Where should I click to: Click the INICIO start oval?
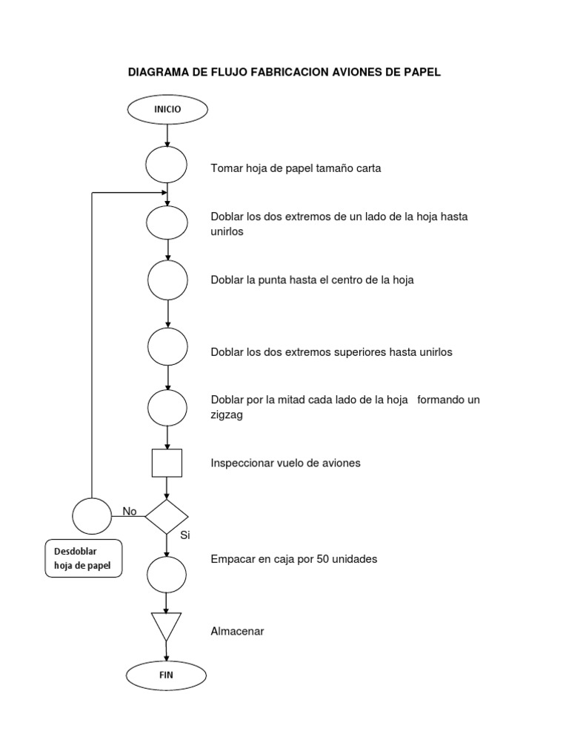(167, 110)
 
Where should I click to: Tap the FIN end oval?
(166, 675)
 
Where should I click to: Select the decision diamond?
(167, 517)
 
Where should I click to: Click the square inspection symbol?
(167, 463)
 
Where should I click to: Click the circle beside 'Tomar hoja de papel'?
(166, 165)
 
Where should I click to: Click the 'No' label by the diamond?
(130, 511)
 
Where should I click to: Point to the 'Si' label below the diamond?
(185, 535)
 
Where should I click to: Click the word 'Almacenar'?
(237, 632)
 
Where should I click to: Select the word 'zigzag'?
(227, 416)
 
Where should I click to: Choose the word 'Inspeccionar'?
(243, 463)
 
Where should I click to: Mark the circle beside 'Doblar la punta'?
(167, 280)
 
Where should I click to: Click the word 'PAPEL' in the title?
(423, 73)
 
